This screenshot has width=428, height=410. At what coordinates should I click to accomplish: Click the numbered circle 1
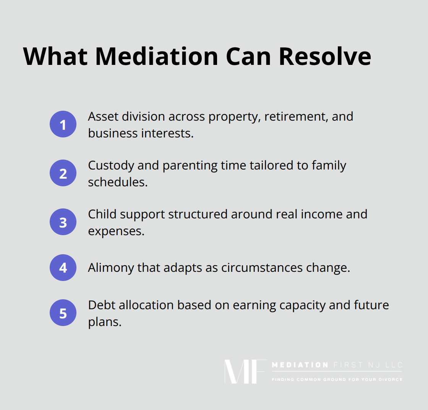[63, 124]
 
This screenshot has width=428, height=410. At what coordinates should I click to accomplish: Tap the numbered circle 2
[63, 173]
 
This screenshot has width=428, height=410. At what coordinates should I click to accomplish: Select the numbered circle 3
[63, 222]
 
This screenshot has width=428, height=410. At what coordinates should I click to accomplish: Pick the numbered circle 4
[63, 268]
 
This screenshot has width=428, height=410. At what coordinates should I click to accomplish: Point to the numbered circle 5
[63, 313]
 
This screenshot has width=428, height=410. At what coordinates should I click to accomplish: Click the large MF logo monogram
[245, 371]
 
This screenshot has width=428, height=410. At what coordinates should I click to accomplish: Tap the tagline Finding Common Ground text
[337, 379]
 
